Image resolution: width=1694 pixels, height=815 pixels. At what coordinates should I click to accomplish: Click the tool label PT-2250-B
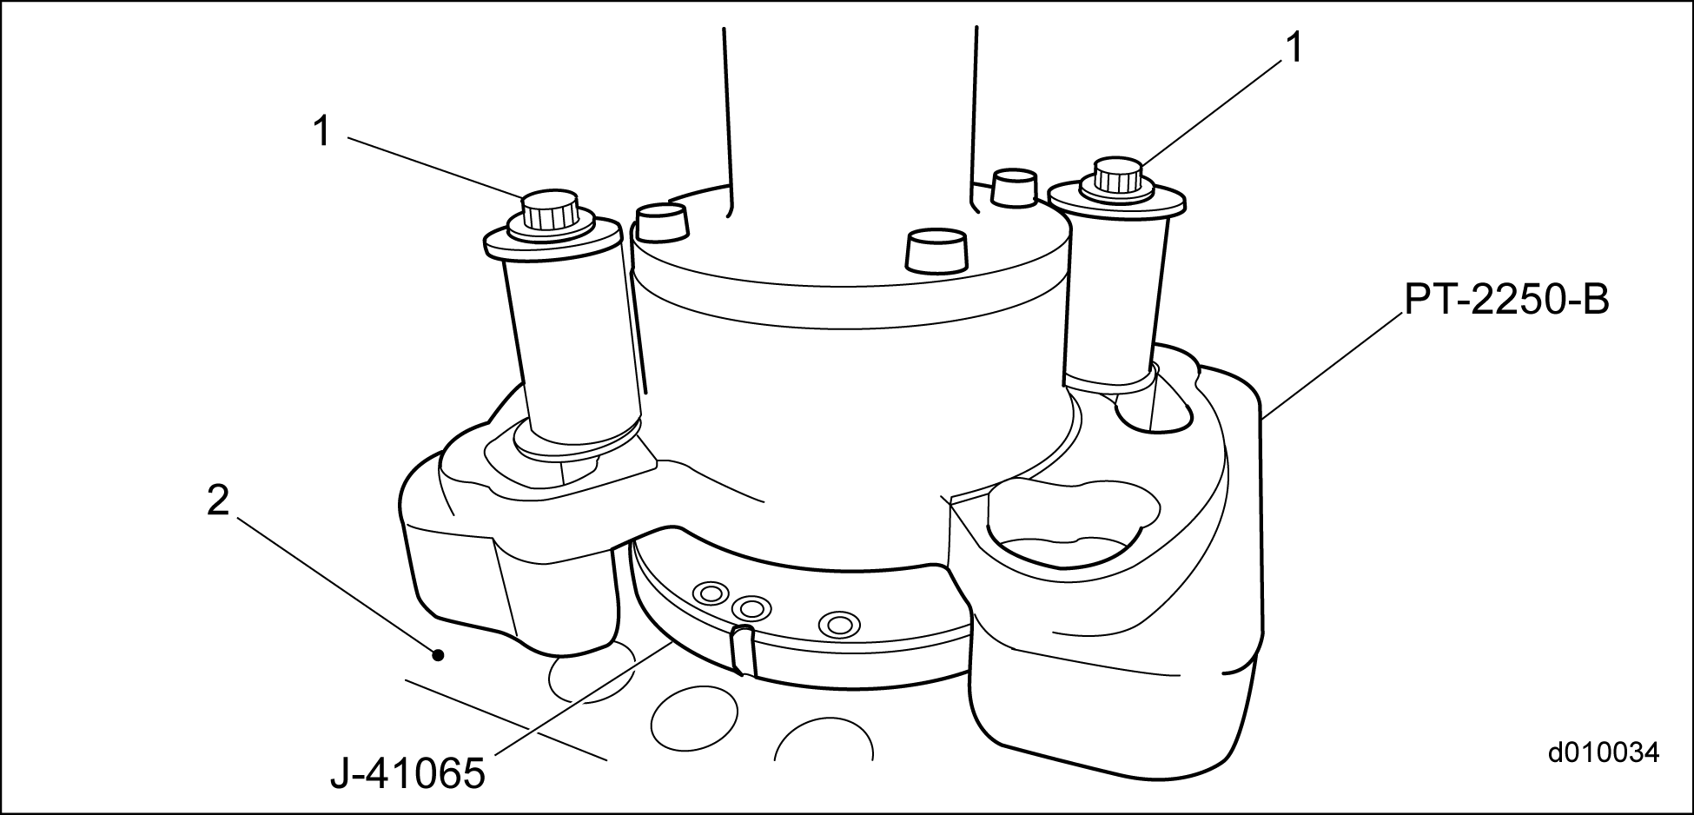click(x=1506, y=301)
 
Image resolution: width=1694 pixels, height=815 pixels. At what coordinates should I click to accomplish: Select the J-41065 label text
click(x=407, y=772)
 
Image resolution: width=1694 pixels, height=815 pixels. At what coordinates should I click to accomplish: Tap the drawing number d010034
click(x=1604, y=752)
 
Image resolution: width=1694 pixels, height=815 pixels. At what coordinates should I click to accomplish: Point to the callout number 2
click(x=218, y=500)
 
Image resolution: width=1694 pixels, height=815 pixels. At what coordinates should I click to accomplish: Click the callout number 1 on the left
click(x=321, y=132)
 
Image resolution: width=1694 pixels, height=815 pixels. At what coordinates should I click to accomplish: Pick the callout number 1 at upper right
click(x=1294, y=49)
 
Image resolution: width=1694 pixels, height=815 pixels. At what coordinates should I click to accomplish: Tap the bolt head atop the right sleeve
click(x=1117, y=177)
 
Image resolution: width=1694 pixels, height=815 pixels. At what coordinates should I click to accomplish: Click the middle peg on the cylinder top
click(x=937, y=250)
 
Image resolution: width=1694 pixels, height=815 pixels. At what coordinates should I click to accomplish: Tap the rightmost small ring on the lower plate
click(x=839, y=623)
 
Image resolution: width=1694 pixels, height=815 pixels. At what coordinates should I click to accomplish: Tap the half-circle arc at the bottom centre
click(x=824, y=719)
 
